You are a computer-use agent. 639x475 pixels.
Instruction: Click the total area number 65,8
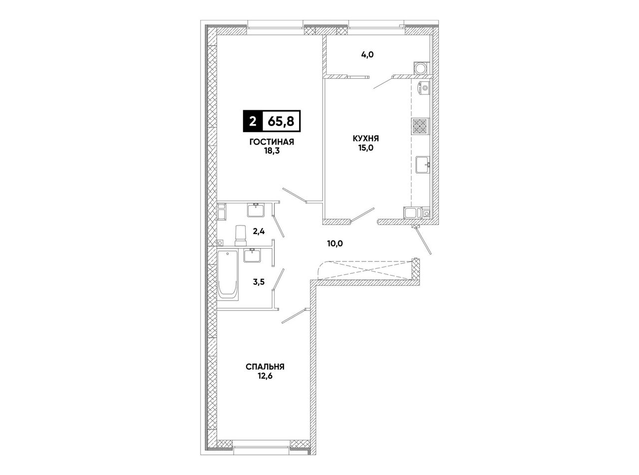(x=281, y=121)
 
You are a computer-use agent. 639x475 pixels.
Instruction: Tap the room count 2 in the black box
(x=253, y=121)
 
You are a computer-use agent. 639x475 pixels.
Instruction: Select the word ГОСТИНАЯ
(x=272, y=142)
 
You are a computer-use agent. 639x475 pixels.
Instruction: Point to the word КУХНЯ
(x=366, y=138)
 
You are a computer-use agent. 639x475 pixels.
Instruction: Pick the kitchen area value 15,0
(x=366, y=148)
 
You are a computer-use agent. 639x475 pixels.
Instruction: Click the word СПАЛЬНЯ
(x=265, y=367)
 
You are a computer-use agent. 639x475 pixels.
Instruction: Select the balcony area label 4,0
(x=367, y=54)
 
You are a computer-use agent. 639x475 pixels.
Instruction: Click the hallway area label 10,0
(x=335, y=243)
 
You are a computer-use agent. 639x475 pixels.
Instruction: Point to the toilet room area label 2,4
(x=259, y=231)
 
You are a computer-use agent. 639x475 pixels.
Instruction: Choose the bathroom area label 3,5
(x=259, y=282)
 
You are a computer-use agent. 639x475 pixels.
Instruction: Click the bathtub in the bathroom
(x=228, y=275)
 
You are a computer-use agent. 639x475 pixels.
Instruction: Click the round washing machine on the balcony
(x=421, y=68)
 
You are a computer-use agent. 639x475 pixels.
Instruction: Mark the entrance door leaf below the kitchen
(x=423, y=240)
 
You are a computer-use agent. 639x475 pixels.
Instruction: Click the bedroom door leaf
(x=294, y=316)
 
